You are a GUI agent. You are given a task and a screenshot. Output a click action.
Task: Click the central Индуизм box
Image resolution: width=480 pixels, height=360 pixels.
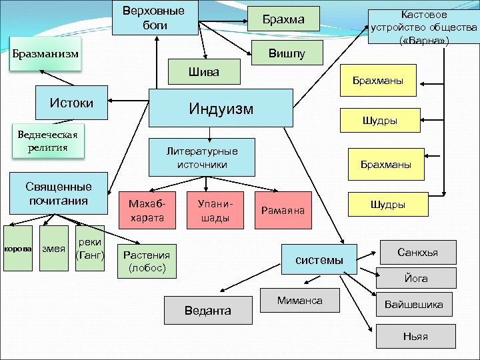pos(221,108)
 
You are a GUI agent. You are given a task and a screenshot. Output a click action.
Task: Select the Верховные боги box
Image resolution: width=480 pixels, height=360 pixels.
pos(154,18)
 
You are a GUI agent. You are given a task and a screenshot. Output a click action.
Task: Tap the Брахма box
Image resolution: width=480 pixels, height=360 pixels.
pos(283,20)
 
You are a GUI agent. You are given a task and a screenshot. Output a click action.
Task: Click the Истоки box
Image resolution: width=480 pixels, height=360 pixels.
pos(71,103)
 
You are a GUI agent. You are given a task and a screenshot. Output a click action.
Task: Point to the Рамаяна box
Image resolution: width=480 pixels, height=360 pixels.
pos(283,211)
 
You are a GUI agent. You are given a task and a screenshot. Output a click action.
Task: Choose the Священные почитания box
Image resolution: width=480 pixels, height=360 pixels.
pos(59,193)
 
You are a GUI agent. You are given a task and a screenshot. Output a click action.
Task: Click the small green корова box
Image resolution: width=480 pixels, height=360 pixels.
pos(18,249)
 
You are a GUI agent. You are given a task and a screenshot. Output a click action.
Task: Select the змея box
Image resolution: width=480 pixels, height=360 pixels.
pos(53,249)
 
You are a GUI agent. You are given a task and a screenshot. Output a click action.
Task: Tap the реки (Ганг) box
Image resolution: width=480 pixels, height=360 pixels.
pos(89,249)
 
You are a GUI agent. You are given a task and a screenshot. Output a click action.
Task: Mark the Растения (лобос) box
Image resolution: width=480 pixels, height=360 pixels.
pos(147,260)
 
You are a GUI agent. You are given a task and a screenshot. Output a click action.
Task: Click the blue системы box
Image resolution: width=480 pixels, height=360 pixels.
pos(320,259)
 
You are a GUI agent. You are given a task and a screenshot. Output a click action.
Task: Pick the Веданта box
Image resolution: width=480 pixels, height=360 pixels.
pos(208,311)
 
